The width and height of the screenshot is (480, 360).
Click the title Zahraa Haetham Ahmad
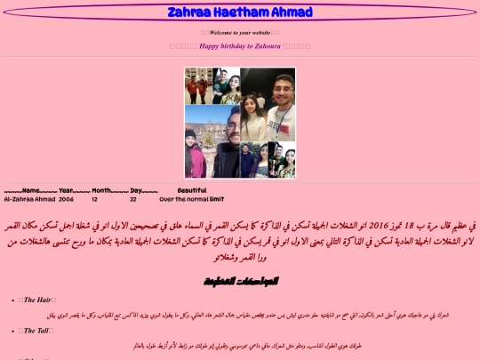click(x=240, y=12)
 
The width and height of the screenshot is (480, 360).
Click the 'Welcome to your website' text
click(x=240, y=32)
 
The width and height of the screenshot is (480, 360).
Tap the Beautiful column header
click(x=192, y=190)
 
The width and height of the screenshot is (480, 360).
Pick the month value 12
click(x=94, y=199)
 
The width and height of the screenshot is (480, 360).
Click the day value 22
click(x=132, y=199)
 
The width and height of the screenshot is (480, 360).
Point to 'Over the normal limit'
click(x=192, y=199)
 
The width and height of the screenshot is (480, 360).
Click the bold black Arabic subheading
click(x=240, y=281)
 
